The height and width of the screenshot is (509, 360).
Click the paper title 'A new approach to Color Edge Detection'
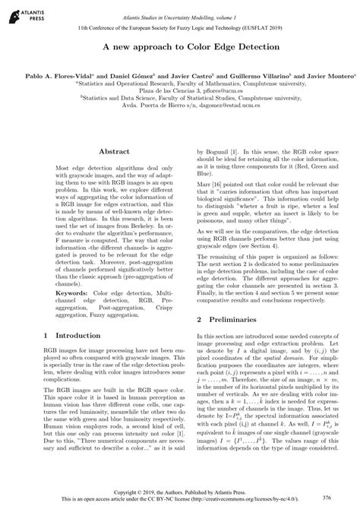click(179, 47)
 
